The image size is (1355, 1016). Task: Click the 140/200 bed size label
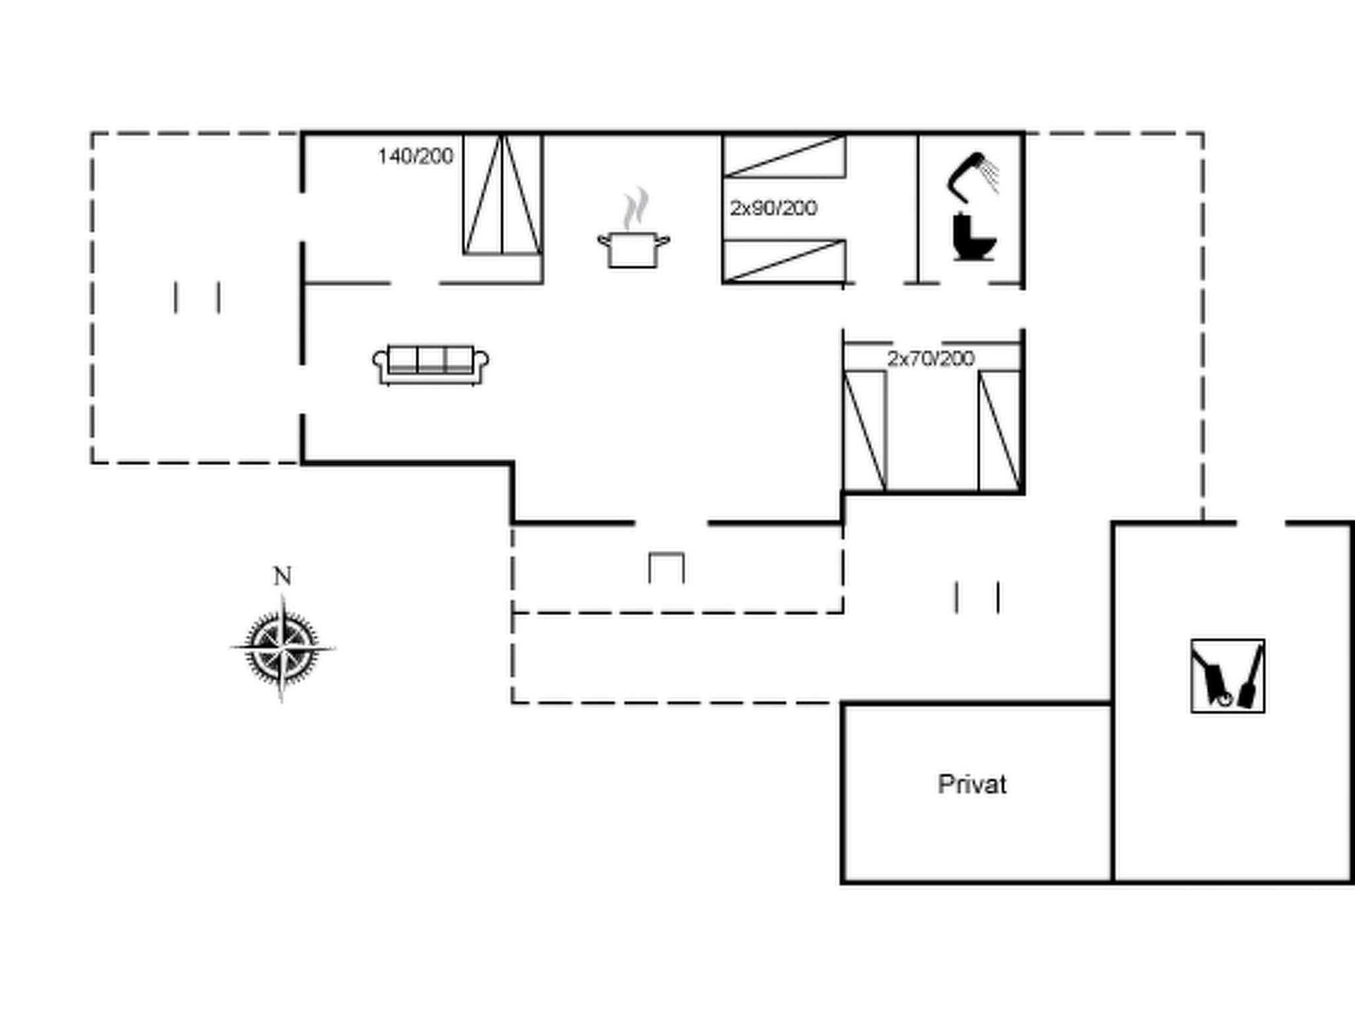[x=415, y=157]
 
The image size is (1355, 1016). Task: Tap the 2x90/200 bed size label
[x=773, y=208]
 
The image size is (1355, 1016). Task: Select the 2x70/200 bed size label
[x=930, y=359]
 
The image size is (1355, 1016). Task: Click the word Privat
[x=972, y=784]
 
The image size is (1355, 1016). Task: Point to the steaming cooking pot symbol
[x=633, y=232]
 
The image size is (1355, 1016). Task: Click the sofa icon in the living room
[x=431, y=364]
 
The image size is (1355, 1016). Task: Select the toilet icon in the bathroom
[x=974, y=237]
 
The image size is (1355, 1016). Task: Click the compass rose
[x=283, y=648]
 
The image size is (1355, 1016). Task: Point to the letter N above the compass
[x=283, y=577]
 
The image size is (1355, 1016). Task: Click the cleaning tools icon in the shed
[x=1227, y=676]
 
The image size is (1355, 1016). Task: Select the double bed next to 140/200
[x=502, y=194]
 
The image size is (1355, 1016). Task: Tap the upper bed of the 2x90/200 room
[x=784, y=157]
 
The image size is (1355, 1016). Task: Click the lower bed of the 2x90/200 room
[x=784, y=261]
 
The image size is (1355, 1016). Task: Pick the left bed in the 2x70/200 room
[x=865, y=431]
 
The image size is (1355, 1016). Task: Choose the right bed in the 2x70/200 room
[x=1000, y=431]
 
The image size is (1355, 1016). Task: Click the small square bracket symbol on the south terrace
[x=666, y=568]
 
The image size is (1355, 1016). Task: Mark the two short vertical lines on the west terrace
[x=197, y=298]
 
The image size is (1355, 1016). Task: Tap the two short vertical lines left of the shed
[x=977, y=597]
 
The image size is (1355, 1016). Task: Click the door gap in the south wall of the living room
[x=672, y=523]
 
